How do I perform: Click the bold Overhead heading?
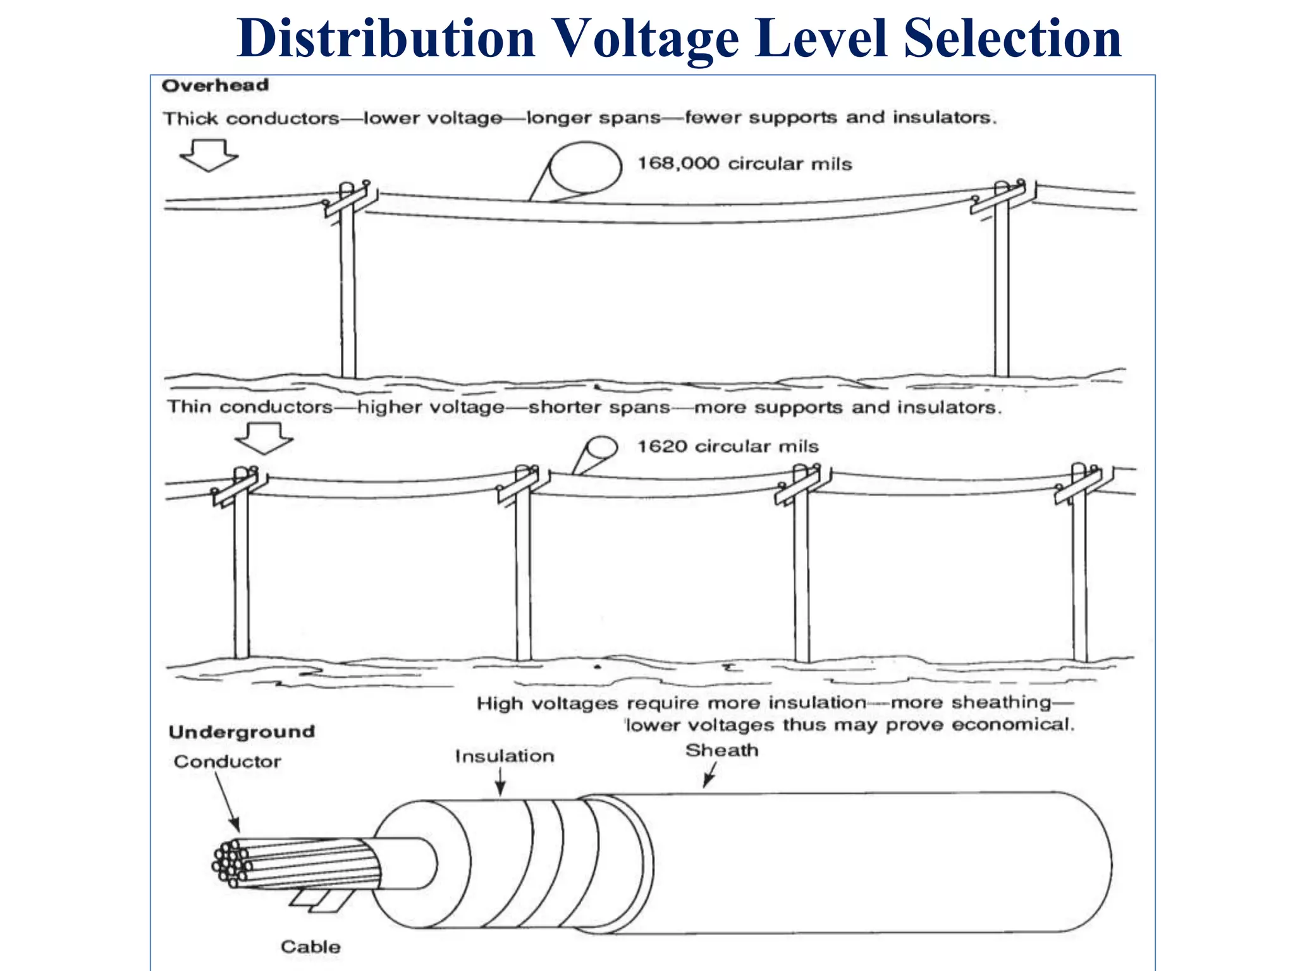tap(215, 85)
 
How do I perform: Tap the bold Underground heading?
tap(242, 732)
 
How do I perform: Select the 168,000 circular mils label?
tap(744, 164)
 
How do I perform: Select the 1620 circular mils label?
tap(728, 446)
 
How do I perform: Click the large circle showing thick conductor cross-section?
tap(586, 168)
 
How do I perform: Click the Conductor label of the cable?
tap(227, 762)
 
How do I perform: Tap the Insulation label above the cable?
tap(505, 756)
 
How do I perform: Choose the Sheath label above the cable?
tap(721, 750)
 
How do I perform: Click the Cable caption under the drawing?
tap(310, 946)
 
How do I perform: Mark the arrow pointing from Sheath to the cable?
tap(710, 775)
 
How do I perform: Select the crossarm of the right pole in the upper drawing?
tap(999, 199)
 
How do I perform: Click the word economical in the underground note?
tap(1012, 724)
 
